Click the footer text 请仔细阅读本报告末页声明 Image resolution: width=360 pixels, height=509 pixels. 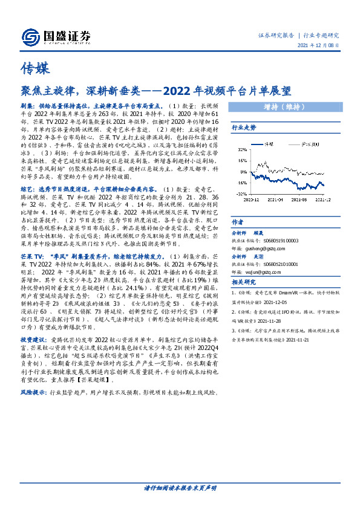(180, 487)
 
